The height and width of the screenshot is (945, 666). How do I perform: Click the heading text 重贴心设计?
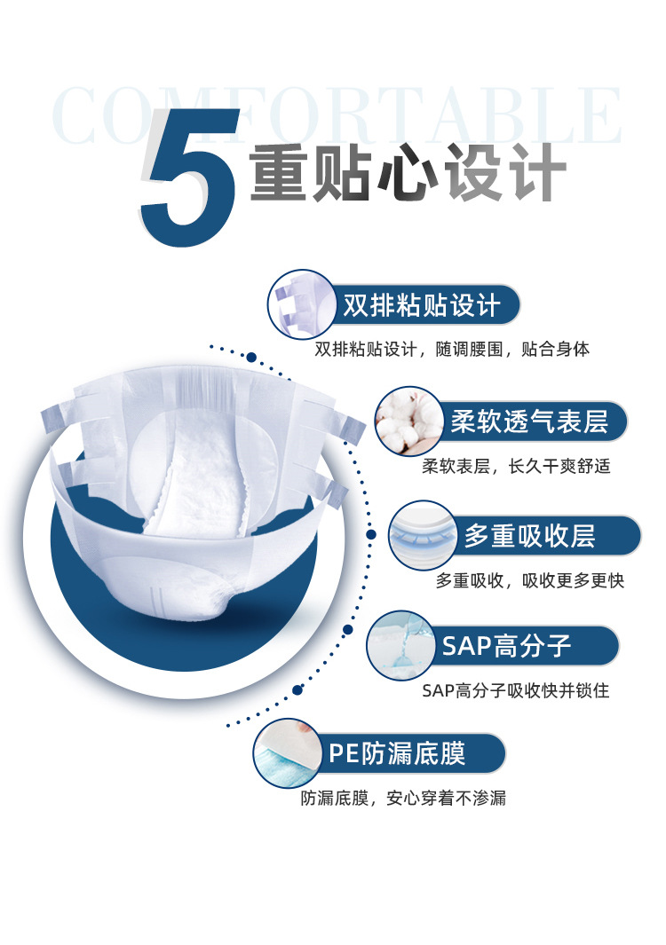point(408,171)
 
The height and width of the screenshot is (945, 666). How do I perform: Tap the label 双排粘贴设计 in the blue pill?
point(422,306)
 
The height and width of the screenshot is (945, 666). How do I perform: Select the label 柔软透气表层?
point(529,421)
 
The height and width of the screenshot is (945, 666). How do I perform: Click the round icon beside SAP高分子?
point(400,645)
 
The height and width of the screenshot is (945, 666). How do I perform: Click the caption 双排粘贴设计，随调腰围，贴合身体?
point(452,350)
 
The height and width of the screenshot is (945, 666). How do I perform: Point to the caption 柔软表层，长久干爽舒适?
point(516,466)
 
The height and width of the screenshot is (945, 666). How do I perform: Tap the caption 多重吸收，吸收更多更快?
point(530,580)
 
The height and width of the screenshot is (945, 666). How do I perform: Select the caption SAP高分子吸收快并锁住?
point(516,689)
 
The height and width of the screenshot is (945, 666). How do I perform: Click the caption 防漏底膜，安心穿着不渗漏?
point(403,799)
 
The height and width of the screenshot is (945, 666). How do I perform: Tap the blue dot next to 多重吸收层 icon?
point(371,535)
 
